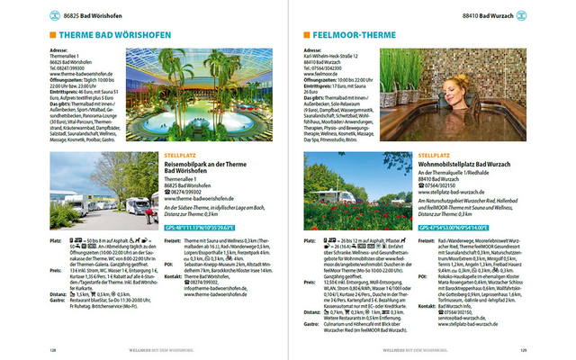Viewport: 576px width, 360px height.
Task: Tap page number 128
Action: pyautogui.click(x=28, y=350)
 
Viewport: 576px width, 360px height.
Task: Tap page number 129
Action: pyautogui.click(x=547, y=350)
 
